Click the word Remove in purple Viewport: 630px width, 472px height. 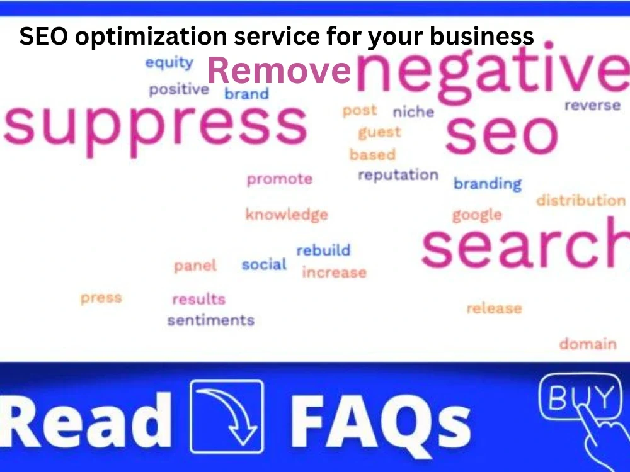(278, 70)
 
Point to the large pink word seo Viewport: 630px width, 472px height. (501, 133)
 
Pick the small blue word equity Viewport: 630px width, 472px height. (169, 63)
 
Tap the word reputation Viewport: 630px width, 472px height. (398, 176)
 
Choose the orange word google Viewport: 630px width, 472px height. (477, 215)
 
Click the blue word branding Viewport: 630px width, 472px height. (488, 184)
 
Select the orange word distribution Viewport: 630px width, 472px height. (581, 201)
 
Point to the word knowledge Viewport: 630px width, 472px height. (287, 215)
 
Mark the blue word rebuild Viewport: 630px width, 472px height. (323, 250)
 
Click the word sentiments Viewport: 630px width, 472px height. (210, 320)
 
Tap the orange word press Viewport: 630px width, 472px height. (101, 298)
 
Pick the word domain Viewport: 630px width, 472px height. (588, 344)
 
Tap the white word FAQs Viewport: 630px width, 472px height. (381, 419)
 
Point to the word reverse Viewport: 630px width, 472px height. (592, 106)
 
